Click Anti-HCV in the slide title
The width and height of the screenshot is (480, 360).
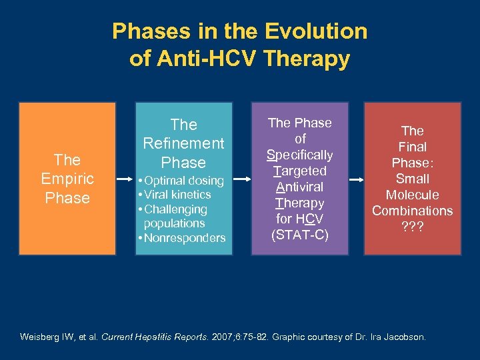pos(191,59)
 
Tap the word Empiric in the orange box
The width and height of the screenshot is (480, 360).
pos(67,179)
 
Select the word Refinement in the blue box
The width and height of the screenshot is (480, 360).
pos(183,143)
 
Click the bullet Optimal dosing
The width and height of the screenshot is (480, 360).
pos(182,181)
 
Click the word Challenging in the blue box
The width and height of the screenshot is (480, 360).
pos(178,209)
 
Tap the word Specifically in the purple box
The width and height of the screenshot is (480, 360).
pos(299,155)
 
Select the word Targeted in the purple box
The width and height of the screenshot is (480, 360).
pos(299,171)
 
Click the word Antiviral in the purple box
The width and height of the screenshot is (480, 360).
pos(299,187)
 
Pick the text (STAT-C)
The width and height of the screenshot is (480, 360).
pos(299,235)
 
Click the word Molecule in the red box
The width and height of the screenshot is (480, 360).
pos(413,195)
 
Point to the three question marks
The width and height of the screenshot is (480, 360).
pos(413,227)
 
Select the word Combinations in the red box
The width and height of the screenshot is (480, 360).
pos(413,211)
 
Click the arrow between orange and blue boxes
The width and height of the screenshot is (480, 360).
pos(125,179)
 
